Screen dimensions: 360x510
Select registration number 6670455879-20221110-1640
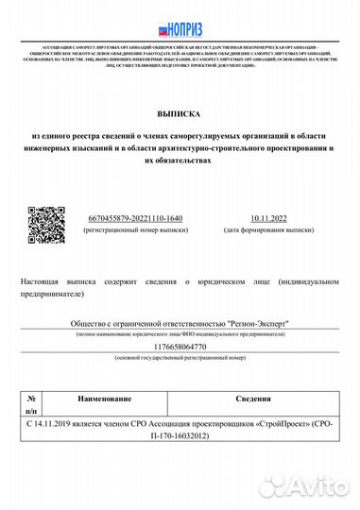pos(134,217)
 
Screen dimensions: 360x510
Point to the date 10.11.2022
pos(267,217)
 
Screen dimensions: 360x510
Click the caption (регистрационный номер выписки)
pos(134,229)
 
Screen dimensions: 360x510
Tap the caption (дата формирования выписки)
pos(267,229)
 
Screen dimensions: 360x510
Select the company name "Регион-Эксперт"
pos(255,323)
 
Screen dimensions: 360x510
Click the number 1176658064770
pos(180,347)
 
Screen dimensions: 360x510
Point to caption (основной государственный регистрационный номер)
pos(180,359)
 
